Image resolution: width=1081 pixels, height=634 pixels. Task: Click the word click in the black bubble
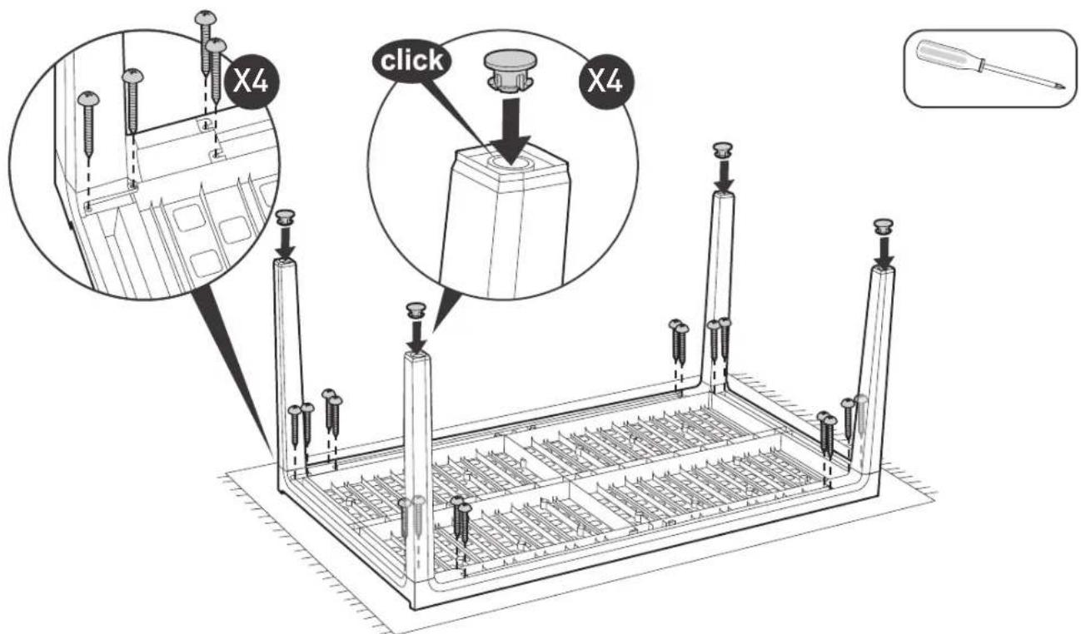click(x=411, y=61)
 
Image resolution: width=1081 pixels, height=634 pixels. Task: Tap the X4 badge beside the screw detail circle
click(x=251, y=81)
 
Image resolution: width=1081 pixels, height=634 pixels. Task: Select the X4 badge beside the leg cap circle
click(x=606, y=81)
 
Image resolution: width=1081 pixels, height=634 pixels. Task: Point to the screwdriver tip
click(x=1063, y=87)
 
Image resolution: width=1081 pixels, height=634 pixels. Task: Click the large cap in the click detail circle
click(x=510, y=71)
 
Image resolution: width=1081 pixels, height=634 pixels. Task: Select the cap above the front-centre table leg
click(x=416, y=310)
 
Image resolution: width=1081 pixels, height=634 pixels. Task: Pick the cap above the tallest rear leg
click(x=722, y=151)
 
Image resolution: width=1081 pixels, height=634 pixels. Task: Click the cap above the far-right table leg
click(x=883, y=226)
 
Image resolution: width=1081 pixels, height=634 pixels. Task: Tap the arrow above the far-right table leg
click(x=884, y=251)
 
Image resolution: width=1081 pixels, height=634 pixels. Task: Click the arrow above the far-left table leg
click(x=285, y=243)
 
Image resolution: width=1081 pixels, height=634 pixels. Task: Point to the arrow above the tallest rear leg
click(x=724, y=175)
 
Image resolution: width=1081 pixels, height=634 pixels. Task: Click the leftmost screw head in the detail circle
click(x=88, y=98)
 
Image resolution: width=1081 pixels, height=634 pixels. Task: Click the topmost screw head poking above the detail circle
click(x=206, y=17)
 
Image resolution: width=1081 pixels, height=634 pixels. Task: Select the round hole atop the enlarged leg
click(x=511, y=163)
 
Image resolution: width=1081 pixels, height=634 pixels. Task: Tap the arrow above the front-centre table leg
click(x=416, y=335)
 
